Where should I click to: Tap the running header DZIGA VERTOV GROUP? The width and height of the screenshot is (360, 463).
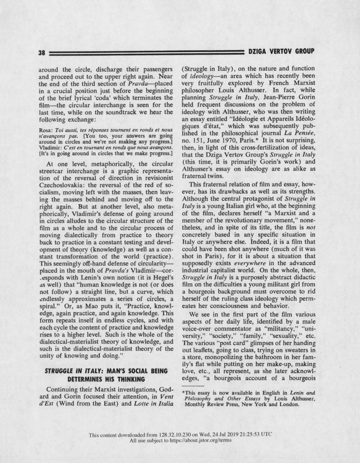pyautogui.click(x=282, y=51)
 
